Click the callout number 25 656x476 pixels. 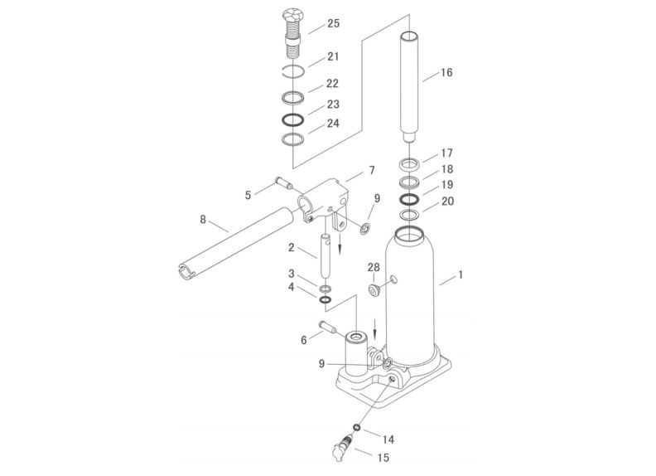[x=334, y=23]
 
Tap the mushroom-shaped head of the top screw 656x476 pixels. [x=293, y=14]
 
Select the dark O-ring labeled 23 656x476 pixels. [x=292, y=120]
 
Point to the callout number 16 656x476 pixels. [x=446, y=72]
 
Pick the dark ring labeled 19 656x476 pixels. [x=409, y=199]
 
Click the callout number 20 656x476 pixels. [x=447, y=202]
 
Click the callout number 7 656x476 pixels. [x=372, y=171]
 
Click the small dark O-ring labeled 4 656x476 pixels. [x=326, y=299]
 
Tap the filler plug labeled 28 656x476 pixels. [x=374, y=290]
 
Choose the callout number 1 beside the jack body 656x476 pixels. [x=461, y=274]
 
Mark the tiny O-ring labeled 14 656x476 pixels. [x=357, y=427]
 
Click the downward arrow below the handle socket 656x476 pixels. [x=340, y=245]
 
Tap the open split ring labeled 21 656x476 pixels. [x=293, y=71]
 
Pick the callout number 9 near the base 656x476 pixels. [x=321, y=364]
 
